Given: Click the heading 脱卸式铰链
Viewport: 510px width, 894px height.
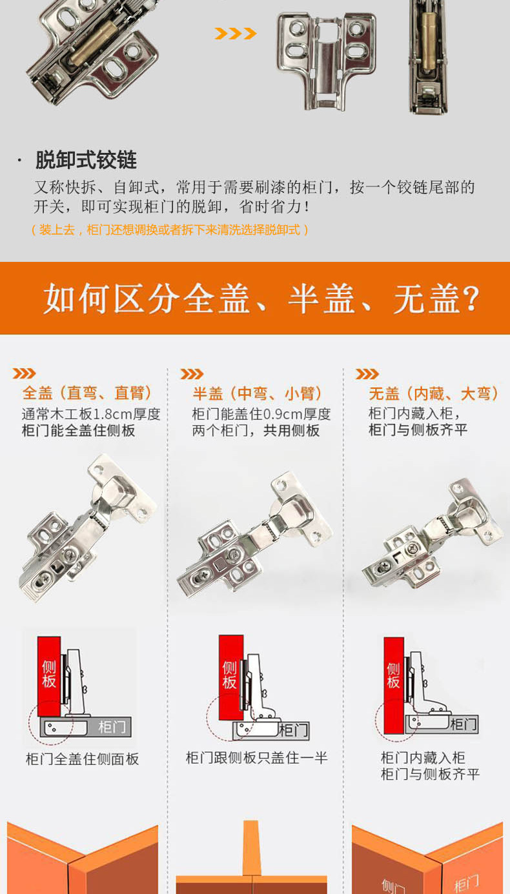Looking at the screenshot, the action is pos(87,160).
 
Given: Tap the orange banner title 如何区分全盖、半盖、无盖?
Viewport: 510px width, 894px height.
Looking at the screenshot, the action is pos(261,299).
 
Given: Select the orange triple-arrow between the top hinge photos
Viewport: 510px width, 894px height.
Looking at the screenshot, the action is pos(235,34).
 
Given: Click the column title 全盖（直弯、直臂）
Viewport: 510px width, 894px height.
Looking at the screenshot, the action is pos(87,393).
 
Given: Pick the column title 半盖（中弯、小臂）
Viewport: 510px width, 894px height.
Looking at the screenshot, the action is pos(257,393).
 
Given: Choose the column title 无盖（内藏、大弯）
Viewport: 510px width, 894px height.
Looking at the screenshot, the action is pos(434,393).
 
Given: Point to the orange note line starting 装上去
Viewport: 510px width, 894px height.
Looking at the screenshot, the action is pos(170,230).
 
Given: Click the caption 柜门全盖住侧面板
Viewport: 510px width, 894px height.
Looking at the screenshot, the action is pos(82,759).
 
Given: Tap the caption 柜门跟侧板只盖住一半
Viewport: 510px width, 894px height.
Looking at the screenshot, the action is pos(256,757).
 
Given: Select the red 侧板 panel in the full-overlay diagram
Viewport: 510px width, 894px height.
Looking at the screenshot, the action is pos(48,676).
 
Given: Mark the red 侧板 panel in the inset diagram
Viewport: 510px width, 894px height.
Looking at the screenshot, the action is pos(394,685).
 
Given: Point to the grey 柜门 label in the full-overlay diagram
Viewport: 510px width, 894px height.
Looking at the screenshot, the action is pos(112,727).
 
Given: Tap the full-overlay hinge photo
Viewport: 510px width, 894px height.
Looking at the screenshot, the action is pos(88,528).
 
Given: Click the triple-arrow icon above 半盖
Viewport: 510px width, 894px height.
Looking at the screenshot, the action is pos(192,374).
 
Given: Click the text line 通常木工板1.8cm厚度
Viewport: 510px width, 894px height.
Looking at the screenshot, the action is pos(91,414).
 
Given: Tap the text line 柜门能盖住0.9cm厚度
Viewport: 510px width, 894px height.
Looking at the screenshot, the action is pos(261,414).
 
